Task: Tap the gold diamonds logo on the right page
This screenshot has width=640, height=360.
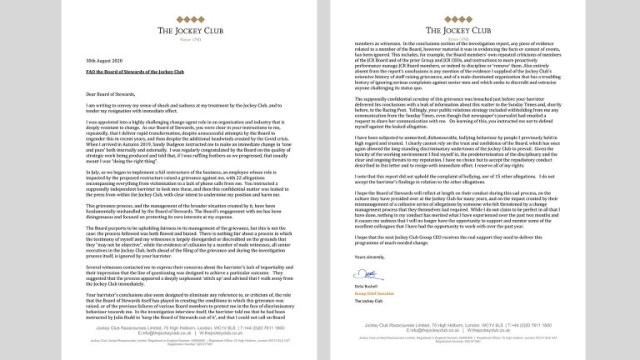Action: (x=479, y=13)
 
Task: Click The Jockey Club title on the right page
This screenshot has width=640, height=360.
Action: (x=479, y=30)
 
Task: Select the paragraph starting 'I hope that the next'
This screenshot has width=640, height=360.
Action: (x=479, y=242)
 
